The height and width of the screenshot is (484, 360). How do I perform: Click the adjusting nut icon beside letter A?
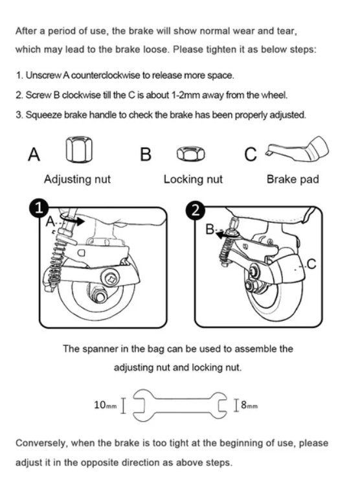(79, 150)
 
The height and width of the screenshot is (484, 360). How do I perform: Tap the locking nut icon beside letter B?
(191, 154)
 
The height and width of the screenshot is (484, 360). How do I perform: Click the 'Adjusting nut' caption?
(77, 179)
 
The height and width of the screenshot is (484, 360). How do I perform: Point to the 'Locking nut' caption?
(193, 179)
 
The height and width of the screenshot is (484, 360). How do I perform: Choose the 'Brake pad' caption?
(293, 179)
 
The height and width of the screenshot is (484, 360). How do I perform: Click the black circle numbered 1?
(39, 209)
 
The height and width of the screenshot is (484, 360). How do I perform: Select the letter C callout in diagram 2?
(311, 264)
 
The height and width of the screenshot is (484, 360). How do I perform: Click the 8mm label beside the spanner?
(249, 405)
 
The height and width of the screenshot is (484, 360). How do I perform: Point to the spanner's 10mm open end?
(141, 405)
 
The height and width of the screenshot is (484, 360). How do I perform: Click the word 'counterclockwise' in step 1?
(106, 75)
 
